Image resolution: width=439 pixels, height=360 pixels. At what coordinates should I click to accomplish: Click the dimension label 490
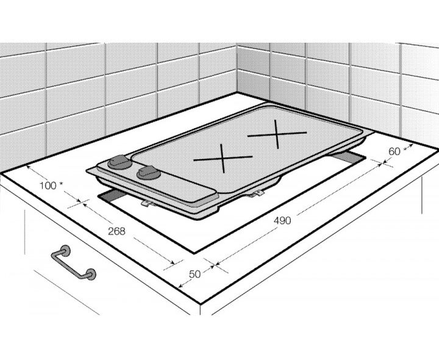point(282,221)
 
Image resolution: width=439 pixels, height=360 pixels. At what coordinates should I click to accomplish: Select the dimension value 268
point(116,231)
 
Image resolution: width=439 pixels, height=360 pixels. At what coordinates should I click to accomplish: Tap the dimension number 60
point(394,151)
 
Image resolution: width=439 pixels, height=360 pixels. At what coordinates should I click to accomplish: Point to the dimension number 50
point(195,274)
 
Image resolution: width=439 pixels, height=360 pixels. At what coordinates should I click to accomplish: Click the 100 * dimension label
point(51,185)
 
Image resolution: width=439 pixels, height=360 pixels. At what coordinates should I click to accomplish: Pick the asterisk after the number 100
point(61,184)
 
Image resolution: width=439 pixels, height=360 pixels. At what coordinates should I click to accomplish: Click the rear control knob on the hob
point(120,162)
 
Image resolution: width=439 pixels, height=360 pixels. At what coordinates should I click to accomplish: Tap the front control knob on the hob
point(149,173)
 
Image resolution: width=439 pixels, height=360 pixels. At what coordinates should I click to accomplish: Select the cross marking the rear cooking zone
point(277,134)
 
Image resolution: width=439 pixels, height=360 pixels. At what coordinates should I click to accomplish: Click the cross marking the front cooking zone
point(223,158)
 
